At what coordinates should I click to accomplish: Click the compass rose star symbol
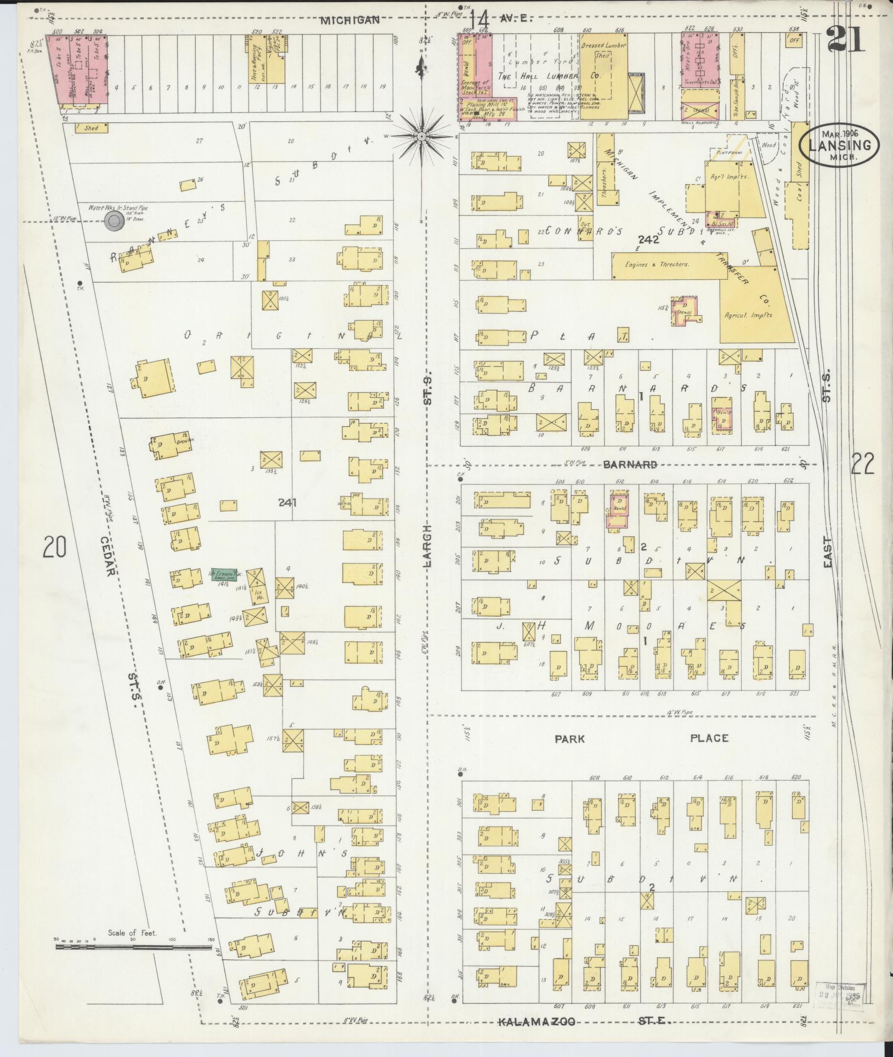click(x=421, y=135)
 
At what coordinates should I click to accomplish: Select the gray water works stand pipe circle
click(x=115, y=222)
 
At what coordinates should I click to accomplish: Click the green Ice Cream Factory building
click(x=224, y=574)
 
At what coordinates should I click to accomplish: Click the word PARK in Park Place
click(x=569, y=738)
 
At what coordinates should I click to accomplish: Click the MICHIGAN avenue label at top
click(x=350, y=20)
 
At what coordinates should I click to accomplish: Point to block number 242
click(x=648, y=240)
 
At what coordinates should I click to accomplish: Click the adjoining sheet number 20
click(x=55, y=547)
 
